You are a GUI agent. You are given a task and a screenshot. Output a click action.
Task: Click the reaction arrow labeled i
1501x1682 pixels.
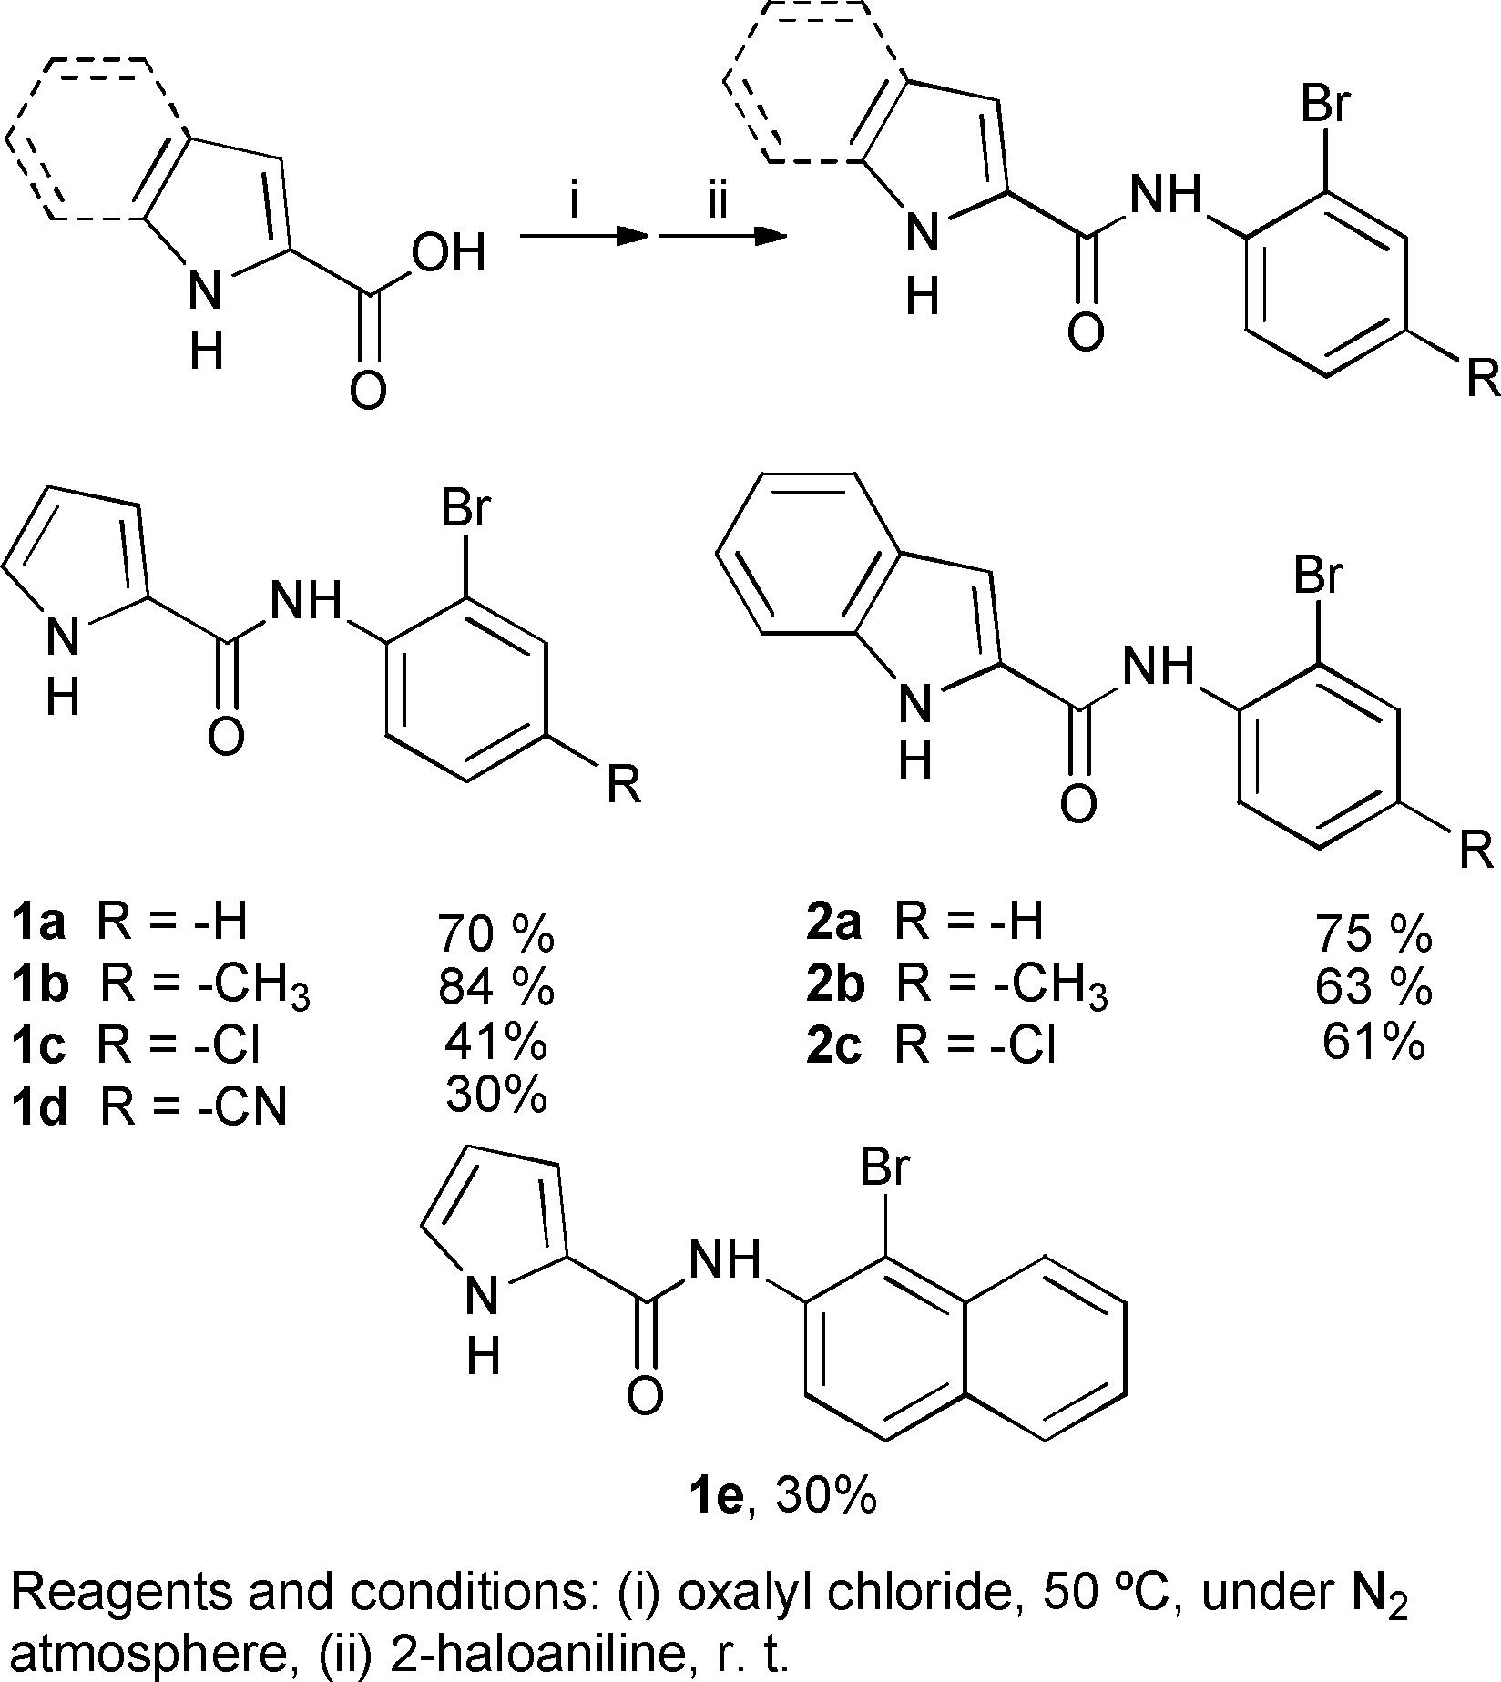click(x=583, y=237)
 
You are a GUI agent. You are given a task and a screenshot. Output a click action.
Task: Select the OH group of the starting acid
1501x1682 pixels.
click(x=447, y=256)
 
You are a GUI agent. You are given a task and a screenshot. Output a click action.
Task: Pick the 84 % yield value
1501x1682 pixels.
click(x=496, y=987)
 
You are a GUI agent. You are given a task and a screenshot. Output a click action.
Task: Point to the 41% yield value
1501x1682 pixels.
click(x=496, y=1044)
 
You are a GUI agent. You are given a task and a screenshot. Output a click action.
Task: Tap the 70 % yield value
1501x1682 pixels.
click(x=496, y=933)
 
